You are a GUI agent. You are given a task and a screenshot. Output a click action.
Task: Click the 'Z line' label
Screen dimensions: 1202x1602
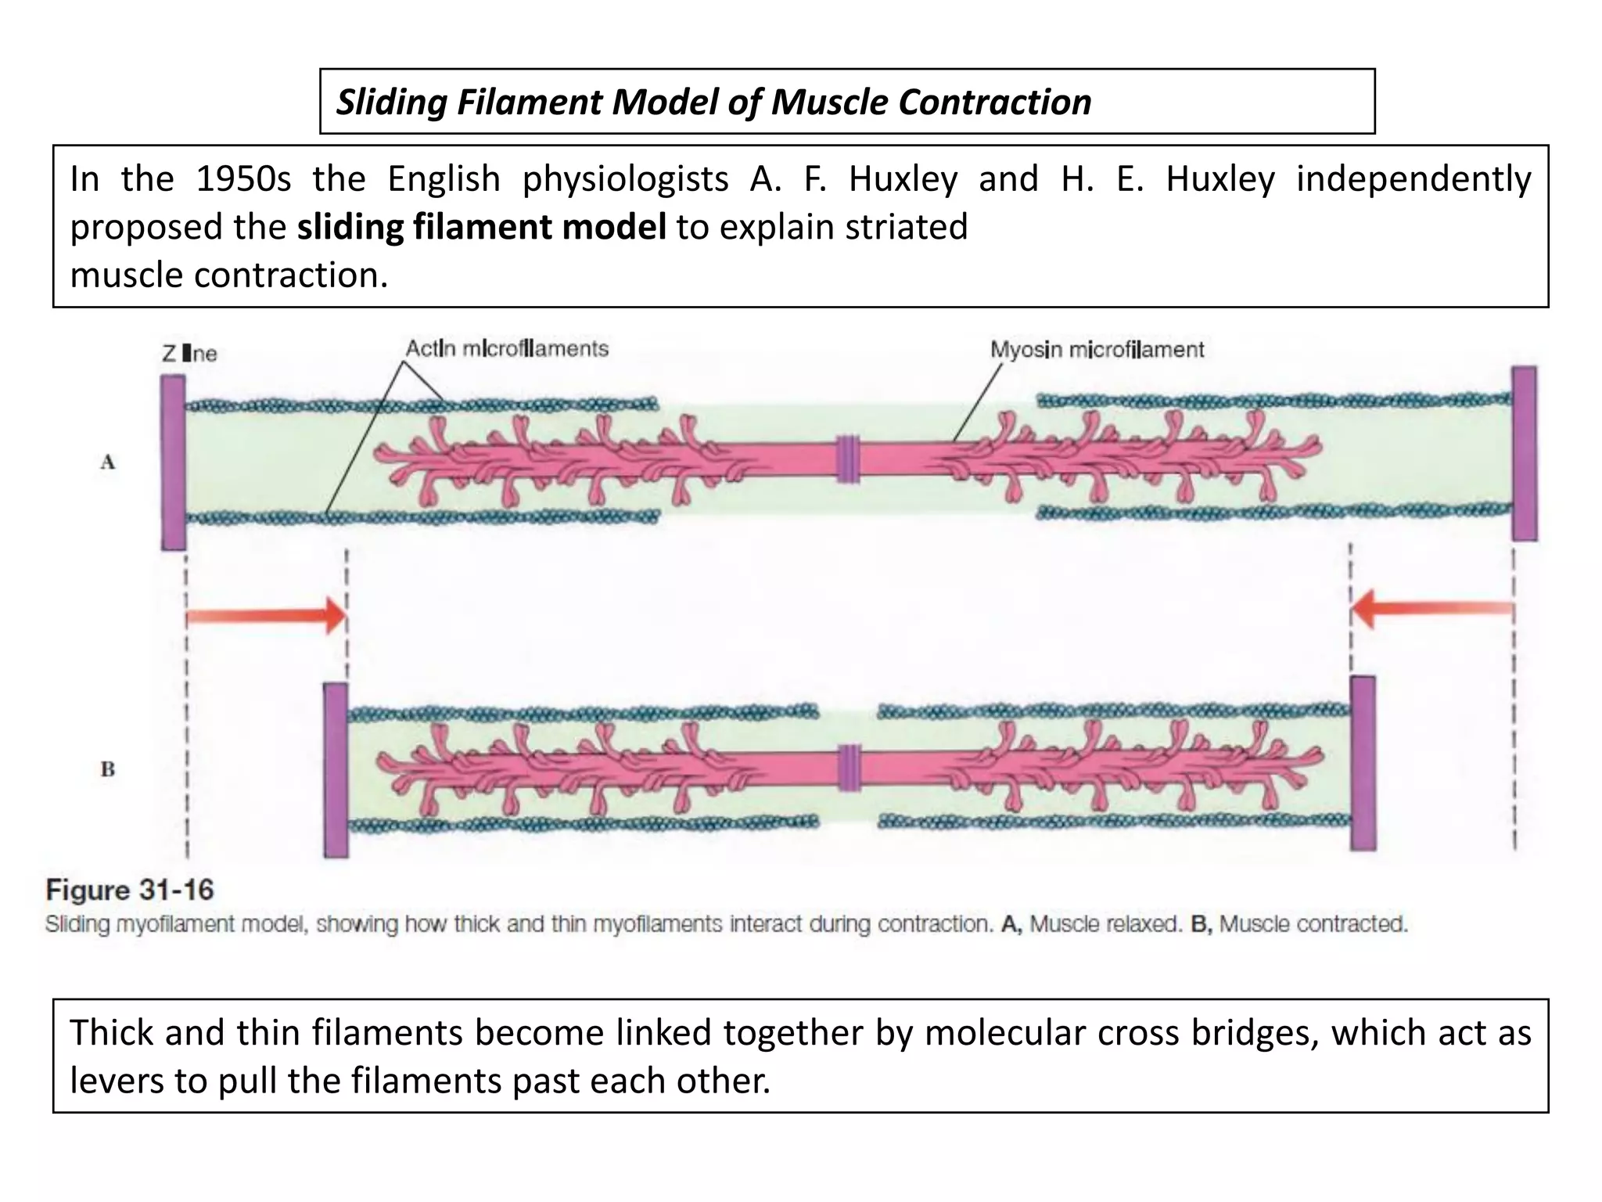189,354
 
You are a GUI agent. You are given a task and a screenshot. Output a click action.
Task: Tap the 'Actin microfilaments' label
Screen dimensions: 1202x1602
507,349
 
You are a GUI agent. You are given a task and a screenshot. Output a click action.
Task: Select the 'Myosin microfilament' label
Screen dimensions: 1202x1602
1097,350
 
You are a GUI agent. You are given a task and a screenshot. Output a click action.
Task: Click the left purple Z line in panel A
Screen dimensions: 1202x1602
174,462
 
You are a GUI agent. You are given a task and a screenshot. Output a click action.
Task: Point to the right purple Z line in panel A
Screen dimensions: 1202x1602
1524,453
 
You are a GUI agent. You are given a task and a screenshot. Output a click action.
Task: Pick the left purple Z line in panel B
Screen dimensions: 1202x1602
336,770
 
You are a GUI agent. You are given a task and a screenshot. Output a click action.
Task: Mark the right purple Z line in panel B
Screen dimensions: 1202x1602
1363,763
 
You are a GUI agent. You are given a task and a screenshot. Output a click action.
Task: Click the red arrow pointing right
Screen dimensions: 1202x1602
266,616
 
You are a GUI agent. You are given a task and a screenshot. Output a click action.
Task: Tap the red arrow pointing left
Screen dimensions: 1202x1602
1431,609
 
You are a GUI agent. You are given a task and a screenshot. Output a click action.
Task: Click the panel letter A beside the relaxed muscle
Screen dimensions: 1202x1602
108,462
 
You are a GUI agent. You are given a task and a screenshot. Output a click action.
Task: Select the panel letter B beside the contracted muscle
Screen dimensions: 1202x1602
108,770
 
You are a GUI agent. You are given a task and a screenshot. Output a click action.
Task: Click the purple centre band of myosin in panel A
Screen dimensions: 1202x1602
848,459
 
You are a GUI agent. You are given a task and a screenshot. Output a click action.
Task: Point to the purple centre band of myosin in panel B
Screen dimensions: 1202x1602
849,766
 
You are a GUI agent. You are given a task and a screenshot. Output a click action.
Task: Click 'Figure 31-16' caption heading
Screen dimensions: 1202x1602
130,891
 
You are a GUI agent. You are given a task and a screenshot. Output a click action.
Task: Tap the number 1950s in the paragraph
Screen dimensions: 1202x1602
242,179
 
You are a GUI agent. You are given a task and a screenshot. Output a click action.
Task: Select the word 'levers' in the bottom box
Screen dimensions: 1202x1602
117,1081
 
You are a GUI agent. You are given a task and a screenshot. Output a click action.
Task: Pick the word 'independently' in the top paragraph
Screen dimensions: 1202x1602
1413,179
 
